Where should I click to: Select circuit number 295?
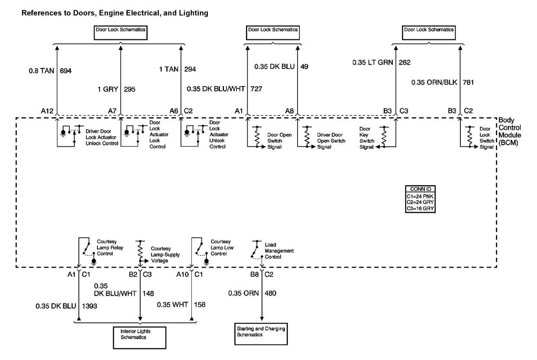coord(129,90)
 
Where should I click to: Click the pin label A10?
coord(182,274)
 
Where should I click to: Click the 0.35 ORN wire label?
coord(243,293)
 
